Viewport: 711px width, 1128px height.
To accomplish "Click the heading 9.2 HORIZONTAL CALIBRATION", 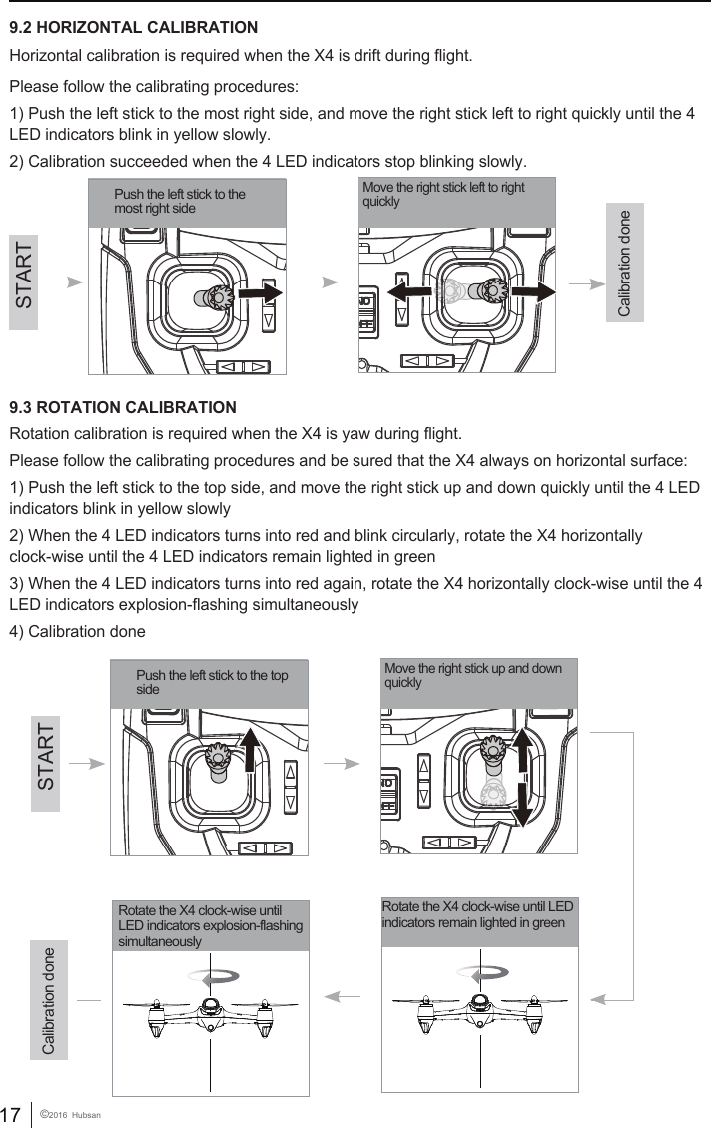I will click(133, 27).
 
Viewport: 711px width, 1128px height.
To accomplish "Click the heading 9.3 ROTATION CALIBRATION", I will click(123, 408).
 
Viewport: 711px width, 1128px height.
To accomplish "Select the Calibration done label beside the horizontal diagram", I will click(625, 264).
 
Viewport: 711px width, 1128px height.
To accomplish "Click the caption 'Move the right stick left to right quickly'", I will click(443, 195).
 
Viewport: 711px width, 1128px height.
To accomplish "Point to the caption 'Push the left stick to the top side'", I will click(211, 683).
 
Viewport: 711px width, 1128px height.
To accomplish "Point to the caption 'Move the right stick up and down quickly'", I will click(473, 676).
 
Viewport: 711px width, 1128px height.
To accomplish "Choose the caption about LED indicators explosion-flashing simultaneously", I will click(210, 926).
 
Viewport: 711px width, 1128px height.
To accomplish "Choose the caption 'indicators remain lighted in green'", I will click(477, 914).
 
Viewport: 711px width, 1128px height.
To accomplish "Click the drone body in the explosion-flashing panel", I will click(210, 1010).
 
